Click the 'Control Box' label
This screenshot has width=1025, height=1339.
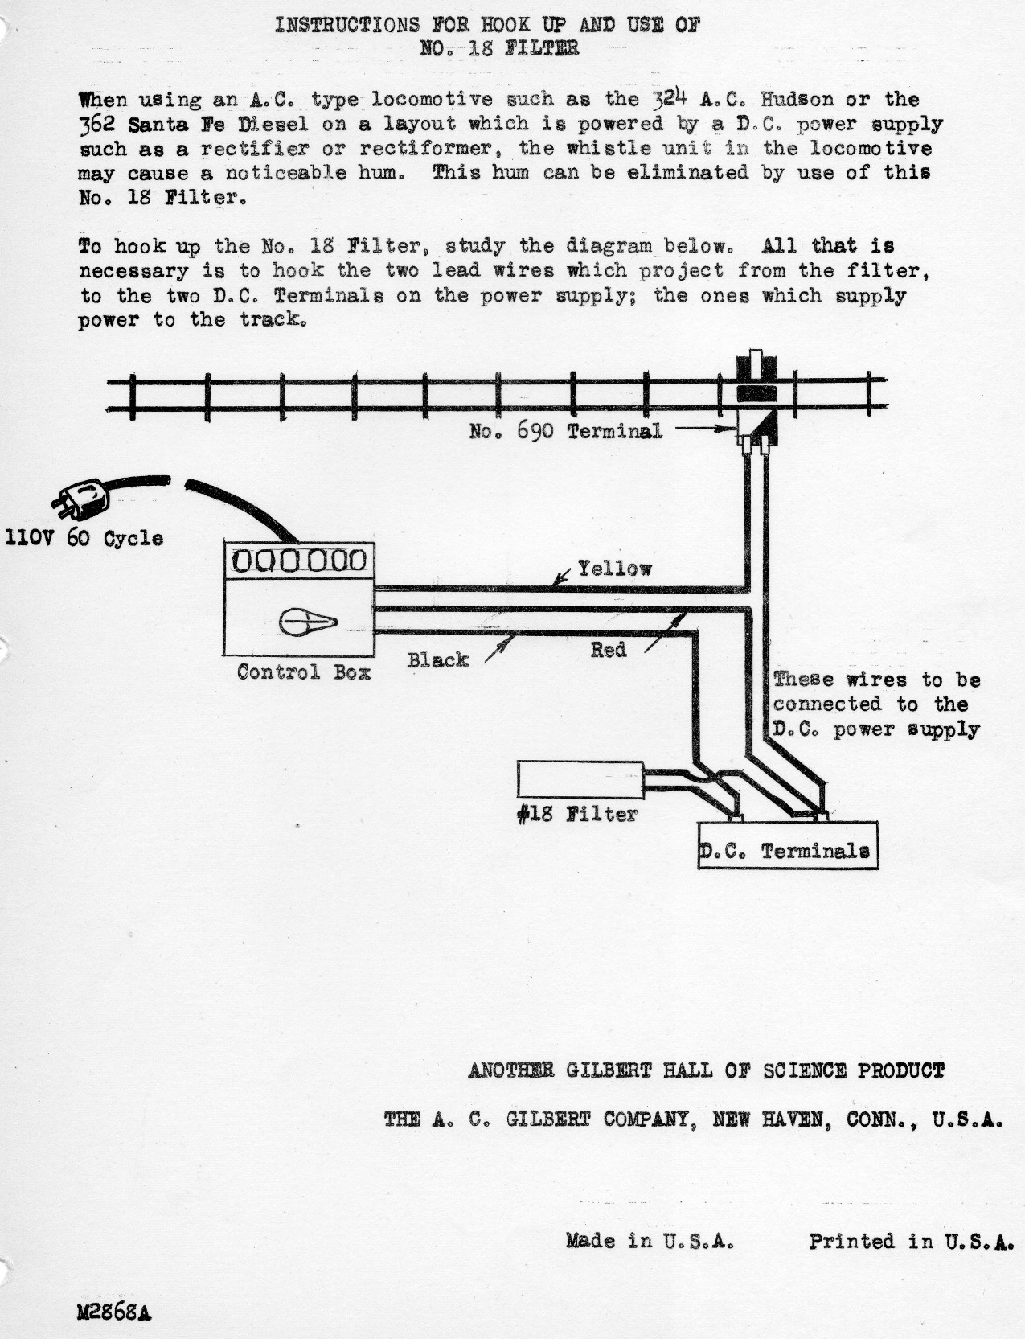pos(304,672)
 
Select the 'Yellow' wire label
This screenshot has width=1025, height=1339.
pos(614,569)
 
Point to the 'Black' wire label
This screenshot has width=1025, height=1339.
pos(437,660)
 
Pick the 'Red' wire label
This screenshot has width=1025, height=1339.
pos(608,650)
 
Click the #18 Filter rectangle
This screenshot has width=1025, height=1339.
pos(580,779)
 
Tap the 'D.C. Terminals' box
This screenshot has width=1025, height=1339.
pos(788,845)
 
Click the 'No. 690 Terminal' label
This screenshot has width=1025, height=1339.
pos(566,431)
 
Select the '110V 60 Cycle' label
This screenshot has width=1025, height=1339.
pos(84,538)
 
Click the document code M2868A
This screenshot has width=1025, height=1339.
pos(114,1312)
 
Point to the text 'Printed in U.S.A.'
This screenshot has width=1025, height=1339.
pos(911,1241)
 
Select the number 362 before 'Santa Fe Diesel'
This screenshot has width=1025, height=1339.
pos(96,125)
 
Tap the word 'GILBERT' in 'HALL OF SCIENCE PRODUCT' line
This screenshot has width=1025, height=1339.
pos(609,1070)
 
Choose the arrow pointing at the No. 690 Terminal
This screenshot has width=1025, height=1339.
pos(706,429)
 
